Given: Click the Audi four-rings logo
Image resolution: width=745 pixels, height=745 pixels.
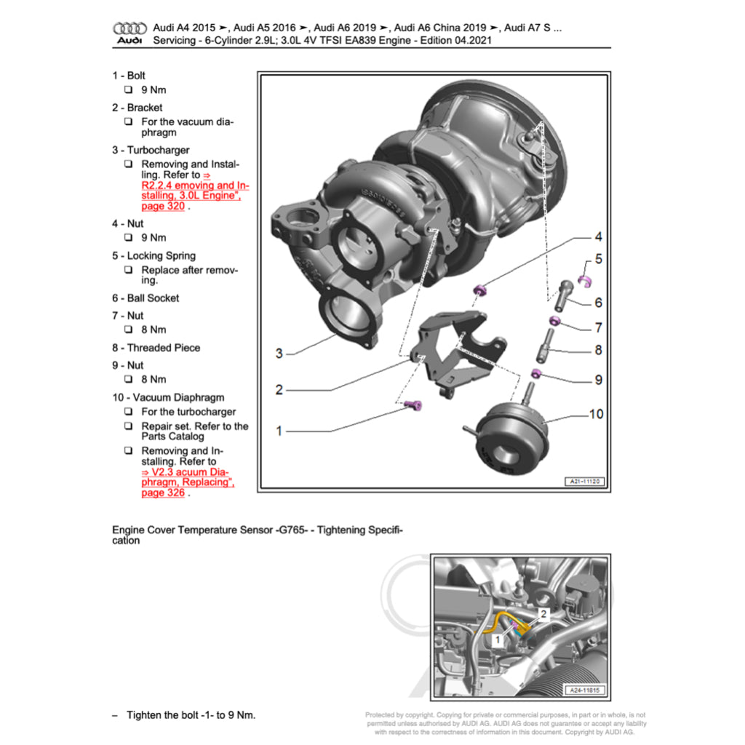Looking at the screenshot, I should coord(130,28).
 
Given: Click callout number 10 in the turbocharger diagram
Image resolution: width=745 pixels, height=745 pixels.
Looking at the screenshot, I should coord(596,414).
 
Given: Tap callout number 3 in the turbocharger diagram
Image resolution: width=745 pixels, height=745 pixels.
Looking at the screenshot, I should coord(279,354).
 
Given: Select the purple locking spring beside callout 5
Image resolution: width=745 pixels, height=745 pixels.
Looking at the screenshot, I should coord(583,279).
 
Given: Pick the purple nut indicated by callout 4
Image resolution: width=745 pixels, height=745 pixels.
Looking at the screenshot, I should coord(479,291).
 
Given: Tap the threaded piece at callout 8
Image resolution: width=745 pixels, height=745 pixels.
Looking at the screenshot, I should coord(546,346).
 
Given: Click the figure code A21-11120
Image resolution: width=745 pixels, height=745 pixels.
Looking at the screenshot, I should coord(585,482).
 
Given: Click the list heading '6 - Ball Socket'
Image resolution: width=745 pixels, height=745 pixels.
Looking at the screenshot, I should coord(145,298).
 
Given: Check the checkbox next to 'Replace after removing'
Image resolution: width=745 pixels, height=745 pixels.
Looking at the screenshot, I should coord(128,270).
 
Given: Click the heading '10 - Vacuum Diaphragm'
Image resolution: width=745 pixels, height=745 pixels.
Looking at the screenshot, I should coord(168,397).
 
